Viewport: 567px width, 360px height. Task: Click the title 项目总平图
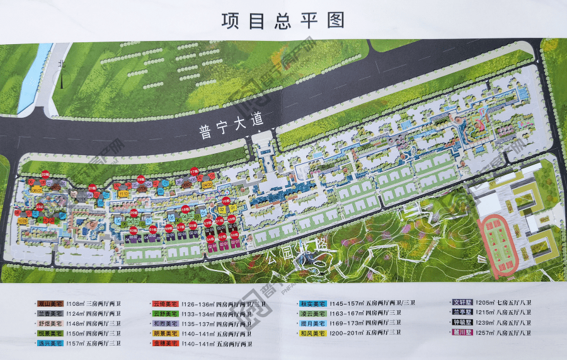283,20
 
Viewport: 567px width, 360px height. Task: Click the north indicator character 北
61,64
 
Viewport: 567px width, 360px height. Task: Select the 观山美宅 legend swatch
49,303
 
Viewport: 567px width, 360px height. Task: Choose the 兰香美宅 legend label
49,313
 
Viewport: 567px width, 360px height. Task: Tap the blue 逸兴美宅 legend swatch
49,343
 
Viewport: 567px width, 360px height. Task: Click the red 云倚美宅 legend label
166,303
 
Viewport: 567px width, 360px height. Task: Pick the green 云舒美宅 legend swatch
166,313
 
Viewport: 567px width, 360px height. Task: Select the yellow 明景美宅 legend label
166,333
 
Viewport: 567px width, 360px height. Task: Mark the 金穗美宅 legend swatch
166,343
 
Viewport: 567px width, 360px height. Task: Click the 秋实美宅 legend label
312,303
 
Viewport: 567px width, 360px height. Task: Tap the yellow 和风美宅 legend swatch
312,333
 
